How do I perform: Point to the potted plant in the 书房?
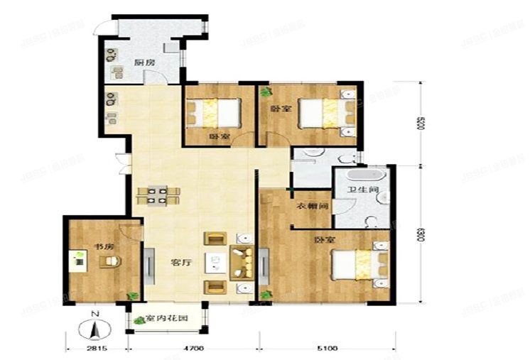pos(130,295)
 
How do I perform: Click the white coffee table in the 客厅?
pos(215,263)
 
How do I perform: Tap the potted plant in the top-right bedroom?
pos(265,92)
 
